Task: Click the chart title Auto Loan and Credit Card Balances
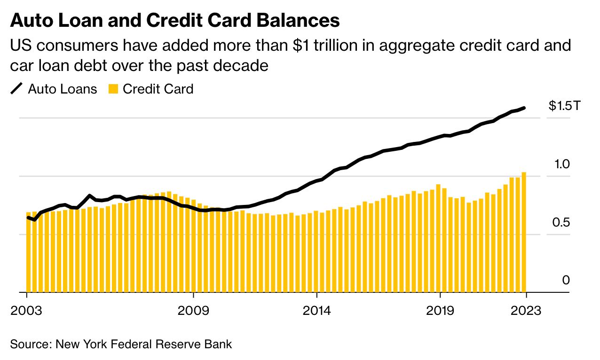pos(174,21)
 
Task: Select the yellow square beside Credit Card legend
pos(113,89)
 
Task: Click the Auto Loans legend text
pos(63,89)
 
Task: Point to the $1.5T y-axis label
pos(565,106)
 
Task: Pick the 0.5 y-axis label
pos(561,222)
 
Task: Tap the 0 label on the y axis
pos(566,281)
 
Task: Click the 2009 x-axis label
pos(193,311)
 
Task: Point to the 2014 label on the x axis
pos(317,311)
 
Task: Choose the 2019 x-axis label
pos(440,311)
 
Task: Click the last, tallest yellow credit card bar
pos(524,232)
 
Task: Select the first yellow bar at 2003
pos(28,252)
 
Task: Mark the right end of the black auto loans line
pos(524,108)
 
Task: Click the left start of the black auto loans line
pos(28,217)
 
